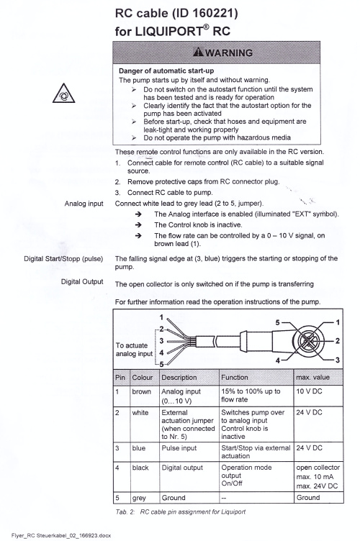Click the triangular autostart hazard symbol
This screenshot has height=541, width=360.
(x=63, y=93)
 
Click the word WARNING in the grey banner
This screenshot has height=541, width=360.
(x=229, y=53)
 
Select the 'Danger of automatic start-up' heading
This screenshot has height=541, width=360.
(x=166, y=71)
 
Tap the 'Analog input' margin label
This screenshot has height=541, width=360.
(x=84, y=204)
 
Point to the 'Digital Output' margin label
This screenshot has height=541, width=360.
(x=82, y=281)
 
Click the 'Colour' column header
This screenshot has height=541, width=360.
(x=143, y=378)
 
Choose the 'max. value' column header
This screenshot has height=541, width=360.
(x=312, y=378)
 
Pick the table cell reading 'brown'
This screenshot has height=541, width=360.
(x=142, y=391)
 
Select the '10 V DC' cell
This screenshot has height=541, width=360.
(x=309, y=391)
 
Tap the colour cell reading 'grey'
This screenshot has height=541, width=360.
(x=139, y=499)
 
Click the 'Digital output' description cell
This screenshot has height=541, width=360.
(x=182, y=468)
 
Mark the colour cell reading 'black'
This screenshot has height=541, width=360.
(x=140, y=468)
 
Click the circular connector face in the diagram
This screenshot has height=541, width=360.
(x=308, y=341)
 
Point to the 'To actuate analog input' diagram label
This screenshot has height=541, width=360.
(x=134, y=350)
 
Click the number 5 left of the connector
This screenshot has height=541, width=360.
(x=277, y=322)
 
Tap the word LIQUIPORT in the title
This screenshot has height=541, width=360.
(x=168, y=32)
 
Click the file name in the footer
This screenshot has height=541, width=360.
(x=61, y=535)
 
